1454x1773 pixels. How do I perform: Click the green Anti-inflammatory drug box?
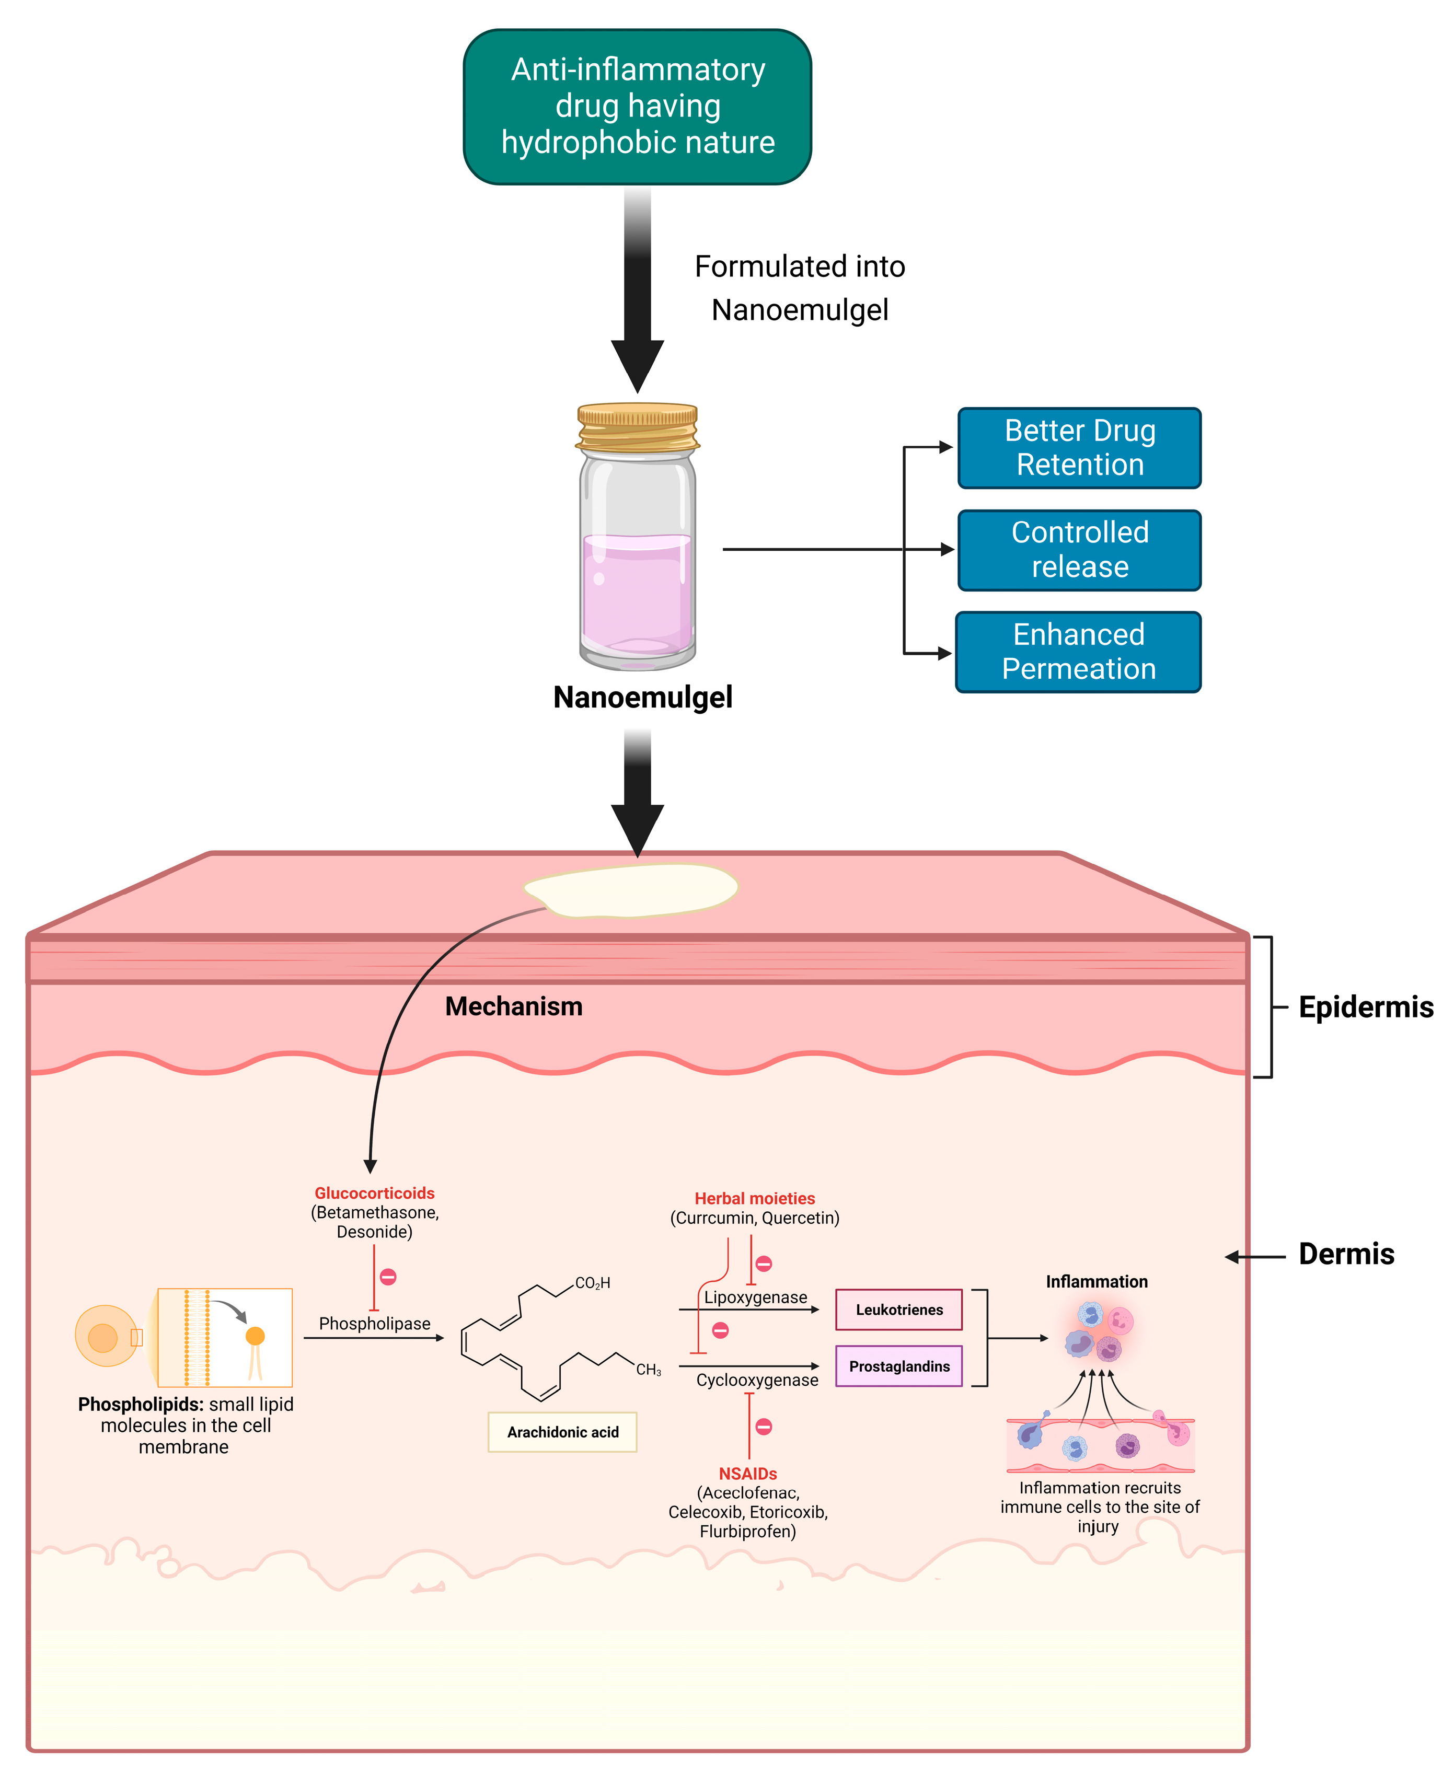[x=638, y=107]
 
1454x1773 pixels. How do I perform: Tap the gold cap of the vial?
[x=638, y=427]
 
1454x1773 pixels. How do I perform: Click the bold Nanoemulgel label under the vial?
[x=642, y=697]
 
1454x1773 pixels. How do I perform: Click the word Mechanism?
[x=513, y=1006]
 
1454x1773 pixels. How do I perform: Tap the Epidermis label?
[x=1365, y=1007]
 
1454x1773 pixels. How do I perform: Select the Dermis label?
[x=1346, y=1255]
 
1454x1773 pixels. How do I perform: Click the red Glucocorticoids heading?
[x=374, y=1193]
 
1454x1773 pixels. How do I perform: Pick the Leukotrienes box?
[x=899, y=1310]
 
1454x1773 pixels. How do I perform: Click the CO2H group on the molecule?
[x=592, y=1283]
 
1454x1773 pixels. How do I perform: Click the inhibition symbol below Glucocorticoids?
[x=388, y=1277]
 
